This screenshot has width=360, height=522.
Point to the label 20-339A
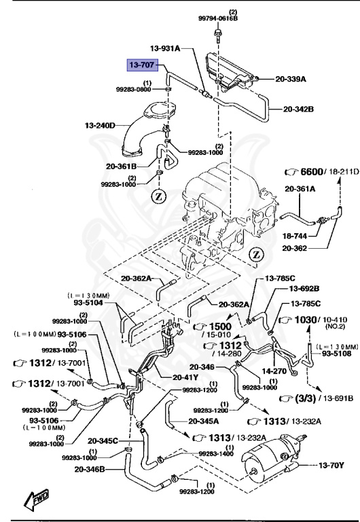click(x=292, y=79)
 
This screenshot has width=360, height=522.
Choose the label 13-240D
click(x=100, y=125)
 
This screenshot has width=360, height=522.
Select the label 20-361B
click(x=121, y=165)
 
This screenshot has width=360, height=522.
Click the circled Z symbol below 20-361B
click(x=158, y=196)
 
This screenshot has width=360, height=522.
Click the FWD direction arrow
click(x=35, y=501)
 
